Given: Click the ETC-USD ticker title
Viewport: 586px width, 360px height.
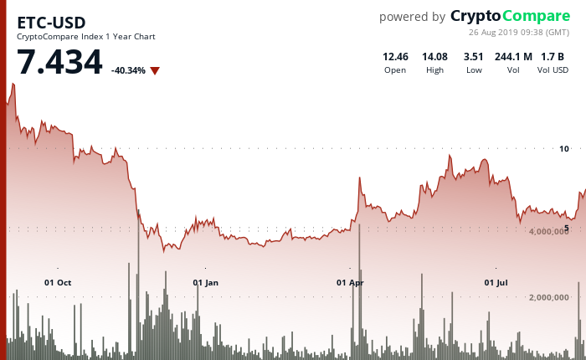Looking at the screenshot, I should [51, 22].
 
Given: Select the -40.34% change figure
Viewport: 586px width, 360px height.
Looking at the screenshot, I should [128, 70].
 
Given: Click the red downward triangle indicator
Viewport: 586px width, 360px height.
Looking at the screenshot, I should [155, 70].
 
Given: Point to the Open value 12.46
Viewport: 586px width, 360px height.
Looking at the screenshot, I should [395, 56].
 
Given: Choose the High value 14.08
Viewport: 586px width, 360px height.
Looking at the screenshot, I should [434, 56].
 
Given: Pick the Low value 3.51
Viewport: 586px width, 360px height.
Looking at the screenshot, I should [474, 56].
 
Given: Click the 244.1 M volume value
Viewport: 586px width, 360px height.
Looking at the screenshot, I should [513, 56].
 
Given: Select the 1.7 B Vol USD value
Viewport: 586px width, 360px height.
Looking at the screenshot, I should [553, 56].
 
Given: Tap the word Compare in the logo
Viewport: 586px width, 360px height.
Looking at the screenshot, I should [535, 16].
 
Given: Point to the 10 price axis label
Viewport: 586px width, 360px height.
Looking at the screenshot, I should [563, 149].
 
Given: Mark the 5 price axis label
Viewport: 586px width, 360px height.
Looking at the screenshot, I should [566, 228].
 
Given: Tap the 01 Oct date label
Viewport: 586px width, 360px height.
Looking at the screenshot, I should [58, 282].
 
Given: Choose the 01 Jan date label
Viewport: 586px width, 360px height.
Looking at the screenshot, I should [205, 282].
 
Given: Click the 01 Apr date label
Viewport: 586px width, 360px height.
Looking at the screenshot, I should [350, 282].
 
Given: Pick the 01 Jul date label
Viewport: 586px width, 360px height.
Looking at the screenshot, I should [496, 282].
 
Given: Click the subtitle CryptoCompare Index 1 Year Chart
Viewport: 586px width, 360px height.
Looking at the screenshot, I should [86, 36].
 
